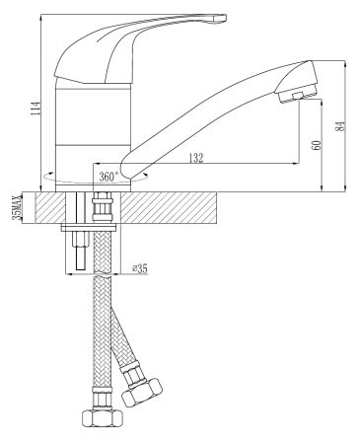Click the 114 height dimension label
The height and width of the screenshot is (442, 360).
[36, 108]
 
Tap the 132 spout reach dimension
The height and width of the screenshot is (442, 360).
[196, 158]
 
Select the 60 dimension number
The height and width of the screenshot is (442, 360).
[316, 145]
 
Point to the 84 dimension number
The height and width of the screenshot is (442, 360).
[340, 126]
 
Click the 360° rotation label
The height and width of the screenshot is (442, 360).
[108, 177]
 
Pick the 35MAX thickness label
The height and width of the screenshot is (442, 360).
[16, 207]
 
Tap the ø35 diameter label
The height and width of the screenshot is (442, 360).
[140, 268]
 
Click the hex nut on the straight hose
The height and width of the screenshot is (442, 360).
[103, 418]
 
